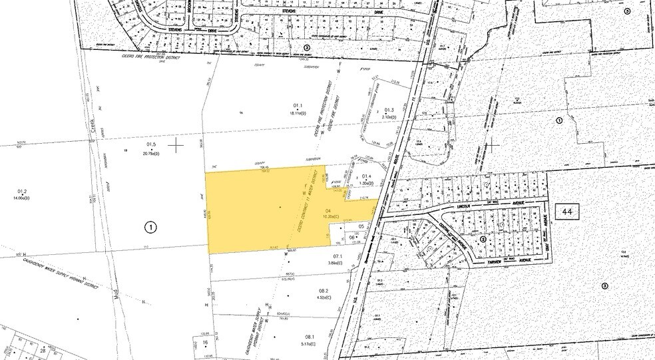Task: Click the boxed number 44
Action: pos(567,212)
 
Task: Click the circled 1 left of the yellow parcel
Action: pos(151,227)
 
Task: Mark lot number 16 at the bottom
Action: pos(205,343)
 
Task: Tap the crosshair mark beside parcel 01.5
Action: pos(176,145)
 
